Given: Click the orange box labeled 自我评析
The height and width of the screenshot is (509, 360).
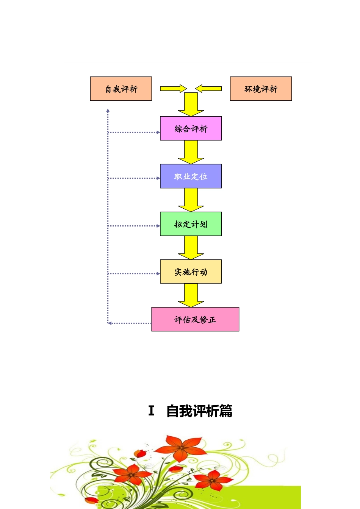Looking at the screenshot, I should point(121,89).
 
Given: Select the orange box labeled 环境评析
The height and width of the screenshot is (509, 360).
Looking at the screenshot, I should point(261,89).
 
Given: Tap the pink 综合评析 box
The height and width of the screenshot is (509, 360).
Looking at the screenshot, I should point(191,128).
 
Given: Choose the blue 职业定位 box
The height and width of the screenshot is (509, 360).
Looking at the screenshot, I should point(191,176).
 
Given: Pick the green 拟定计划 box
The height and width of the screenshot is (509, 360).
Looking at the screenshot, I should point(191,224).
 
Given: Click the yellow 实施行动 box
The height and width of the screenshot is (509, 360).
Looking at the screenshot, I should point(191,272).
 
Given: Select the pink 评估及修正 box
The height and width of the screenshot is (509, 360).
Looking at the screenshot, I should point(195,319).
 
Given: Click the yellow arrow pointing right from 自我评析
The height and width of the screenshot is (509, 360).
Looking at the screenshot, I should point(173,89).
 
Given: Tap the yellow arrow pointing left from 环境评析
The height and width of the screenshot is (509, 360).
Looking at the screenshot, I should point(209,89).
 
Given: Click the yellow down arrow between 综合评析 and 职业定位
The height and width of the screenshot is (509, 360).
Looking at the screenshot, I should point(191,151).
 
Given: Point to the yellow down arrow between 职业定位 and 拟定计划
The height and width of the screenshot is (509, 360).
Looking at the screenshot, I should point(191,199).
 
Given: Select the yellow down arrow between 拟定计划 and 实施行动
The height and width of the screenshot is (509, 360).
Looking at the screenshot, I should point(191,247).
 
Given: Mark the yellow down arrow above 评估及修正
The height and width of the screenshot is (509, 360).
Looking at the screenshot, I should point(191,295).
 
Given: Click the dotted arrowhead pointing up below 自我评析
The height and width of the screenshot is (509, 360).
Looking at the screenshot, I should point(108,111).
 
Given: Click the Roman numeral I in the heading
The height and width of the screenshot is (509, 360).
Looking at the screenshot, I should point(151,411).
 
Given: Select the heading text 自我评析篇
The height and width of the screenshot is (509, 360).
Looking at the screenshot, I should point(199,411).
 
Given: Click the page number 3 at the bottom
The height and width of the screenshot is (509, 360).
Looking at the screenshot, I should point(188,473).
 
